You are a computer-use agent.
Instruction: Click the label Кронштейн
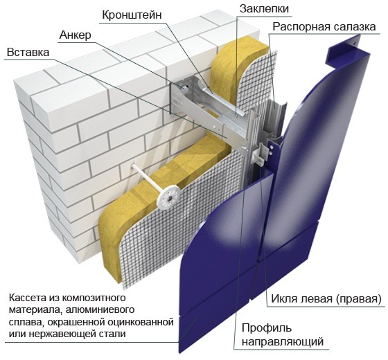pyautogui.click(x=132, y=15)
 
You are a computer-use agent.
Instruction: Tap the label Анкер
pyautogui.click(x=76, y=35)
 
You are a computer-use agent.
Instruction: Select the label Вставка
pyautogui.click(x=28, y=53)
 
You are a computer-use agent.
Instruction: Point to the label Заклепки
pyautogui.click(x=264, y=9)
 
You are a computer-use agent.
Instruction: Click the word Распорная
pyautogui.click(x=299, y=27)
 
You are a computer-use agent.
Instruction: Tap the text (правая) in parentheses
pyautogui.click(x=359, y=299)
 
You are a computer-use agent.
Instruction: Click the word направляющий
pyautogui.click(x=283, y=342)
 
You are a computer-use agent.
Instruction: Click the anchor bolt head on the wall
pyautogui.click(x=184, y=87)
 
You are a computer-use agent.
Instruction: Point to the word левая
pyautogui.click(x=315, y=299)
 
